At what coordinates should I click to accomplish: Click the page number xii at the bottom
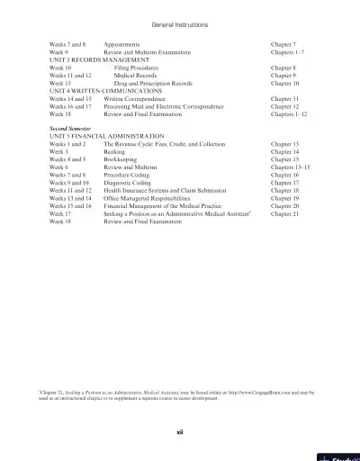[180, 430]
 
